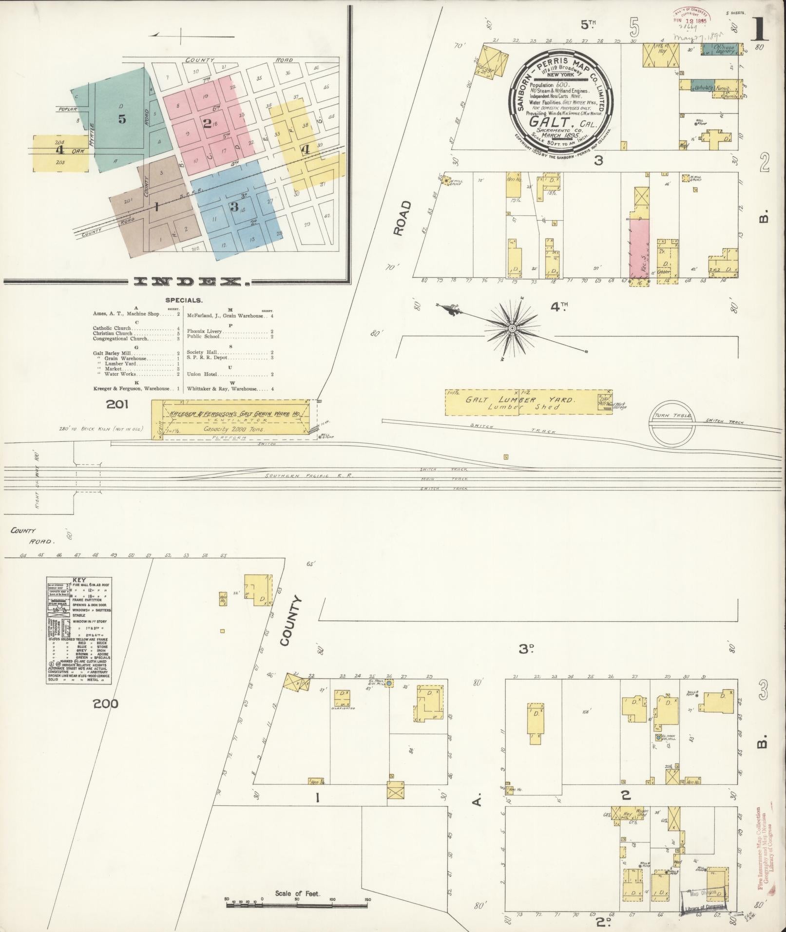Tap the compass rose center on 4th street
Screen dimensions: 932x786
(512, 329)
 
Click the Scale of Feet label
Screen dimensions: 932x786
(297, 893)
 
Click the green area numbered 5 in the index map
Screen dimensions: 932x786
(122, 119)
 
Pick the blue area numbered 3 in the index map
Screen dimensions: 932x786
(234, 207)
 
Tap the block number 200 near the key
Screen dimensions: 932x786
(107, 704)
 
